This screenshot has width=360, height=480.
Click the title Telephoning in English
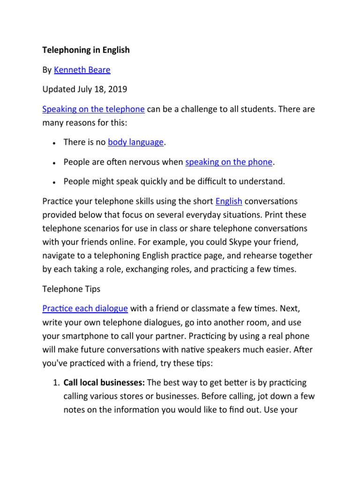[86, 50]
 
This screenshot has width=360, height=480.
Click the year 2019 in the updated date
[118, 90]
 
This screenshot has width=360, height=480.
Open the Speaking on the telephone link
[93, 109]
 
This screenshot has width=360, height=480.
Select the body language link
[136, 142]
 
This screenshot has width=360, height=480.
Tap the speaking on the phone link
[229, 162]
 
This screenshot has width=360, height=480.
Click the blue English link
[229, 202]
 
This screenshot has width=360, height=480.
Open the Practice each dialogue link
[85, 308]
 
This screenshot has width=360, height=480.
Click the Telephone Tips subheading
[71, 289]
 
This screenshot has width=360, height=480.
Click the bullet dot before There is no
[55, 143]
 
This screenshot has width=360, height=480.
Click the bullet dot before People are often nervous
[55, 163]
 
